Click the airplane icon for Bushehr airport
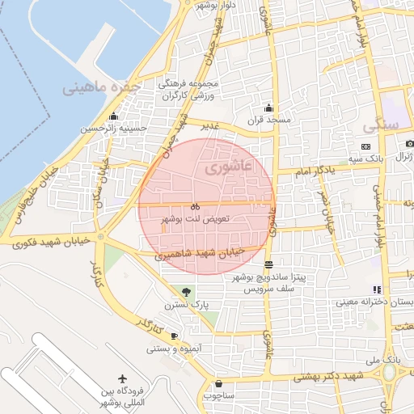122,378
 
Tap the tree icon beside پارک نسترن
188,291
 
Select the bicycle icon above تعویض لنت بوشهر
196,206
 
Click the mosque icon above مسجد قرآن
268,108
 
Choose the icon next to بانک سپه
366,146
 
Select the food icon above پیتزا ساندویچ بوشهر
268,264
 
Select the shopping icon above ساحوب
218,383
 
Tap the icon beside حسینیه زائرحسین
113,116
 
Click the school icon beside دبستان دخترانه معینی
377,289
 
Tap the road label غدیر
210,126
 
